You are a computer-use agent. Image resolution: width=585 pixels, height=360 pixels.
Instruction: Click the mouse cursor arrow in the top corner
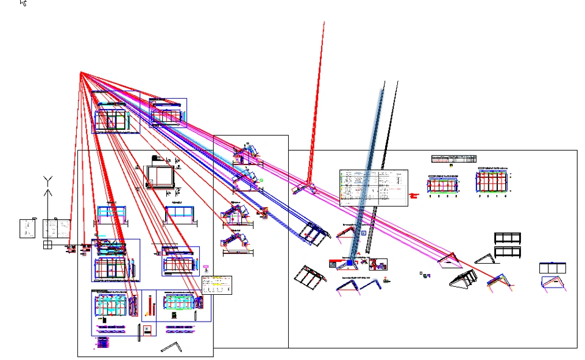pyautogui.click(x=23, y=2)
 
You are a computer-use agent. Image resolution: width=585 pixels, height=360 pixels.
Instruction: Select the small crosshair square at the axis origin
pyautogui.click(x=48, y=245)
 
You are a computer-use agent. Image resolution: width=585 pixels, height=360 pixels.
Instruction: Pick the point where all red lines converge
pyautogui.click(x=80, y=72)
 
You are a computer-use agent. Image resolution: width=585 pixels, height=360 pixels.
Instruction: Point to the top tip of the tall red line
pyautogui.click(x=324, y=23)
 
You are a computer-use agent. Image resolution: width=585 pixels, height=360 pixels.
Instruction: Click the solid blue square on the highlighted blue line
pyautogui.click(x=350, y=263)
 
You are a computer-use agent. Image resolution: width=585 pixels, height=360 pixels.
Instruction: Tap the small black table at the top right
pyautogui.click(x=453, y=158)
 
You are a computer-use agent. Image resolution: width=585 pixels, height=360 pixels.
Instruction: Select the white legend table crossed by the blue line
pyautogui.click(x=373, y=187)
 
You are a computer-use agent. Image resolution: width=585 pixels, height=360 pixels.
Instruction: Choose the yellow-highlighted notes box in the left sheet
pyautogui.click(x=217, y=285)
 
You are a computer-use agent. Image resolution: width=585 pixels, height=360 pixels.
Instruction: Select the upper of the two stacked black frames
pyautogui.click(x=508, y=238)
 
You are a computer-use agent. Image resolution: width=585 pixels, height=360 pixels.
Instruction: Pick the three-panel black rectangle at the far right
pyautogui.click(x=553, y=268)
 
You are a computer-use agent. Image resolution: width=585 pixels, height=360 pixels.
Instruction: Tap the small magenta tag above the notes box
pyautogui.click(x=206, y=267)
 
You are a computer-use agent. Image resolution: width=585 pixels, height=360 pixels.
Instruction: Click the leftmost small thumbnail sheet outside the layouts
pyautogui.click(x=27, y=228)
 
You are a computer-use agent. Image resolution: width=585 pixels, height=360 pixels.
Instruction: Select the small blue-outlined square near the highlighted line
pyautogui.click(x=364, y=233)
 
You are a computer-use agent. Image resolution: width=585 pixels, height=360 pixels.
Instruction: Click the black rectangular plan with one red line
pyautogui.click(x=161, y=177)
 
